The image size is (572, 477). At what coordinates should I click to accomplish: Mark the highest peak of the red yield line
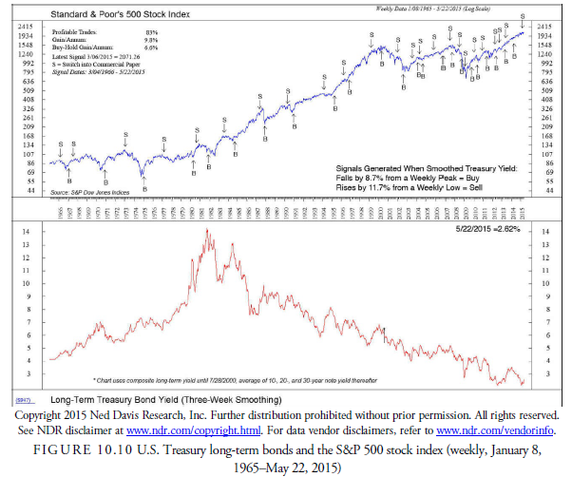point(206,230)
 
